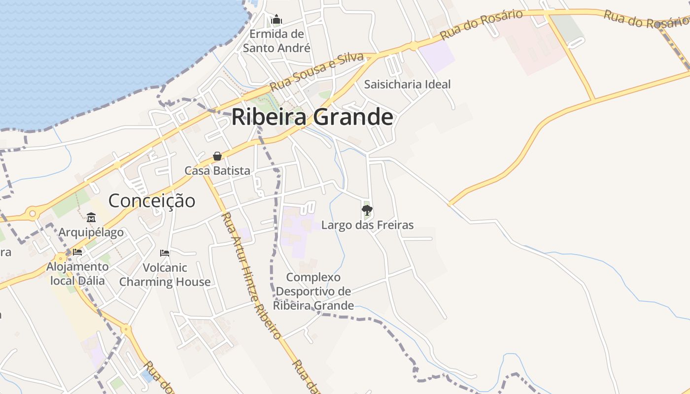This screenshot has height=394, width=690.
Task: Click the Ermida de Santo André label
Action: (276, 41)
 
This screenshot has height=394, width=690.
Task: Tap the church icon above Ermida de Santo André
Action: (276, 20)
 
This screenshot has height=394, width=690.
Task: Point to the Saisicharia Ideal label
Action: (407, 84)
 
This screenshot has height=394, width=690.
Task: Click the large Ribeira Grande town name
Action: (312, 117)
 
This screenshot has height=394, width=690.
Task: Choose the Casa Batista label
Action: (217, 170)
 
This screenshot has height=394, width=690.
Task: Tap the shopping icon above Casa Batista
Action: (217, 156)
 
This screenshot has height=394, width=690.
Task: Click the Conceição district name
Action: (151, 200)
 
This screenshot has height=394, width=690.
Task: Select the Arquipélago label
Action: (91, 232)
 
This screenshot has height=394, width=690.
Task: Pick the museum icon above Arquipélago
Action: (91, 217)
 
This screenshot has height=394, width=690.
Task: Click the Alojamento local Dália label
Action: (77, 274)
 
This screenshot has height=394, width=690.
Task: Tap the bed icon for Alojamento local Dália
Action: (77, 252)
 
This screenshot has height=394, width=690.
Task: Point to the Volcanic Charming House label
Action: (165, 275)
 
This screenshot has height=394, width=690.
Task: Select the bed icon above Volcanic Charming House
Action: (165, 253)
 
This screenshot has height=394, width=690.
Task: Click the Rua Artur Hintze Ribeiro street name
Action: (251, 275)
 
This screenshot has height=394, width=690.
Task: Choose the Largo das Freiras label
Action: (367, 225)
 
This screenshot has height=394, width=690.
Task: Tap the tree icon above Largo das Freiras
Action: (367, 211)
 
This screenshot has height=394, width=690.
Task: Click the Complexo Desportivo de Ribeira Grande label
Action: (313, 291)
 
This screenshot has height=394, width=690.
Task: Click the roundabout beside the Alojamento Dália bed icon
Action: (61, 258)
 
